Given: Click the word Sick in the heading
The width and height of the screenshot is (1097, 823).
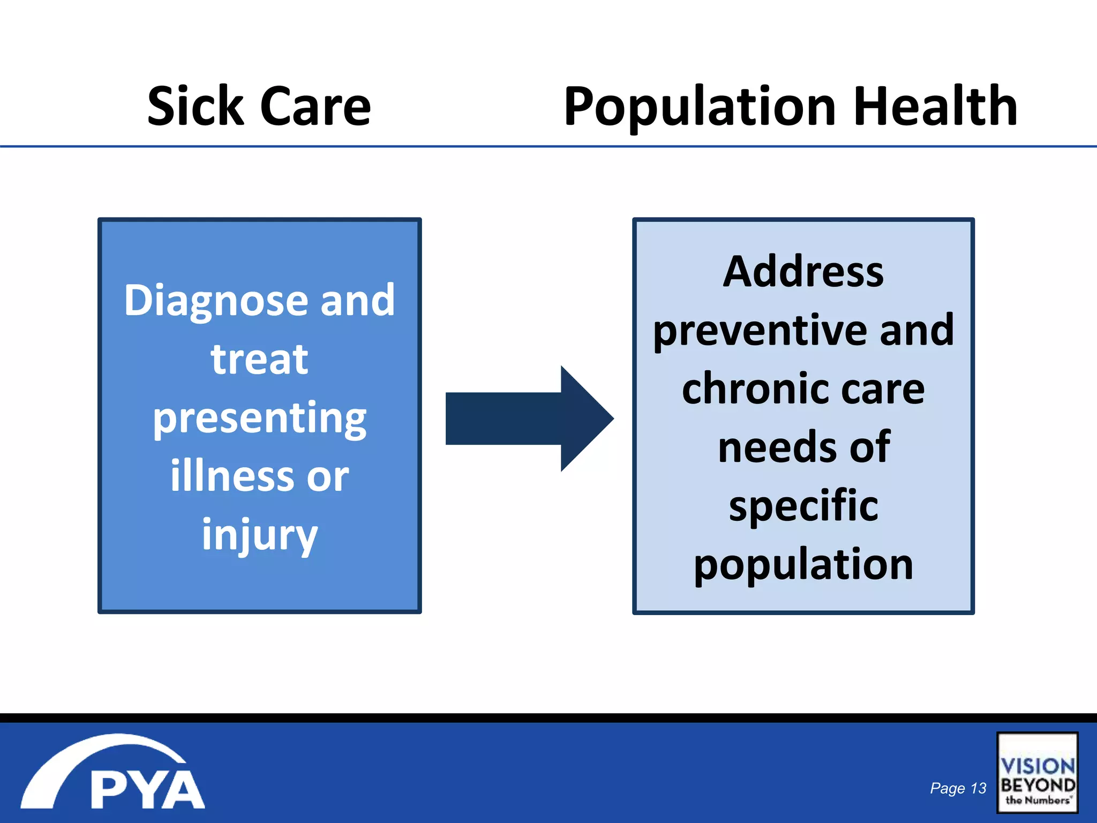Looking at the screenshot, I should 196,107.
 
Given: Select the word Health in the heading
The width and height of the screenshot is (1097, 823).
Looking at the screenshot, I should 935,107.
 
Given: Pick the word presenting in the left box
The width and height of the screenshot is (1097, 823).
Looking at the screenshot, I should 259,419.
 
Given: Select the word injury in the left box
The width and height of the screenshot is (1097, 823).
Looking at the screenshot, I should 259,535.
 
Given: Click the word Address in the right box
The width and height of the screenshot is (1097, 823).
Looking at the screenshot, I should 803,272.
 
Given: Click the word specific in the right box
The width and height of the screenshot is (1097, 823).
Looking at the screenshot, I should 803,506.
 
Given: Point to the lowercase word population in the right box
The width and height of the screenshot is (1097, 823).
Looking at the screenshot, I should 803,565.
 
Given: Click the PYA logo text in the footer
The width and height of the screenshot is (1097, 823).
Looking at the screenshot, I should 147,790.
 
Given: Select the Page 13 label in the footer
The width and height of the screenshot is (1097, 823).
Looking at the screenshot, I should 958,788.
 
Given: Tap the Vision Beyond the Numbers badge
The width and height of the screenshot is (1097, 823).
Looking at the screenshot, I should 1037,773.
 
